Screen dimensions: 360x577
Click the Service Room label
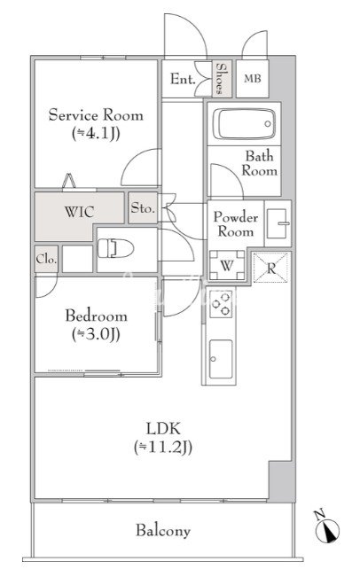click(x=96, y=115)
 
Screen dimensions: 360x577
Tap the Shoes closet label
click(x=221, y=78)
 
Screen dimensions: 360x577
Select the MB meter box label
click(x=253, y=78)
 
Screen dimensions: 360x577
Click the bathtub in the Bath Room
click(x=244, y=124)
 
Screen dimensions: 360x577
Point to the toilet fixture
click(x=115, y=248)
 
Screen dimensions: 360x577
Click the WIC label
click(x=79, y=212)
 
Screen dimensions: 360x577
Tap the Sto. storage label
click(x=143, y=208)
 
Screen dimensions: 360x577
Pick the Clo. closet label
click(x=46, y=259)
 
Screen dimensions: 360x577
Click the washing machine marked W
click(x=227, y=265)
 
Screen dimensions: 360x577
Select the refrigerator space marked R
click(x=271, y=268)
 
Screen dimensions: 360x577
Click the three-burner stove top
click(x=221, y=304)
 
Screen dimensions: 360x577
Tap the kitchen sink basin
click(x=221, y=359)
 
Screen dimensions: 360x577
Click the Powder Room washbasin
click(x=278, y=223)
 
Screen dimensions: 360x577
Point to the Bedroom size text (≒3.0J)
click(x=96, y=334)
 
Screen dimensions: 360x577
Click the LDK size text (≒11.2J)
click(x=163, y=447)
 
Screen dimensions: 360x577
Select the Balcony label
click(x=163, y=530)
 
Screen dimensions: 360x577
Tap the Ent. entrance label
click(x=183, y=79)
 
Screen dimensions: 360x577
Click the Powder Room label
click(x=236, y=224)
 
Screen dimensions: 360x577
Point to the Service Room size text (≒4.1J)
click(x=96, y=132)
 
